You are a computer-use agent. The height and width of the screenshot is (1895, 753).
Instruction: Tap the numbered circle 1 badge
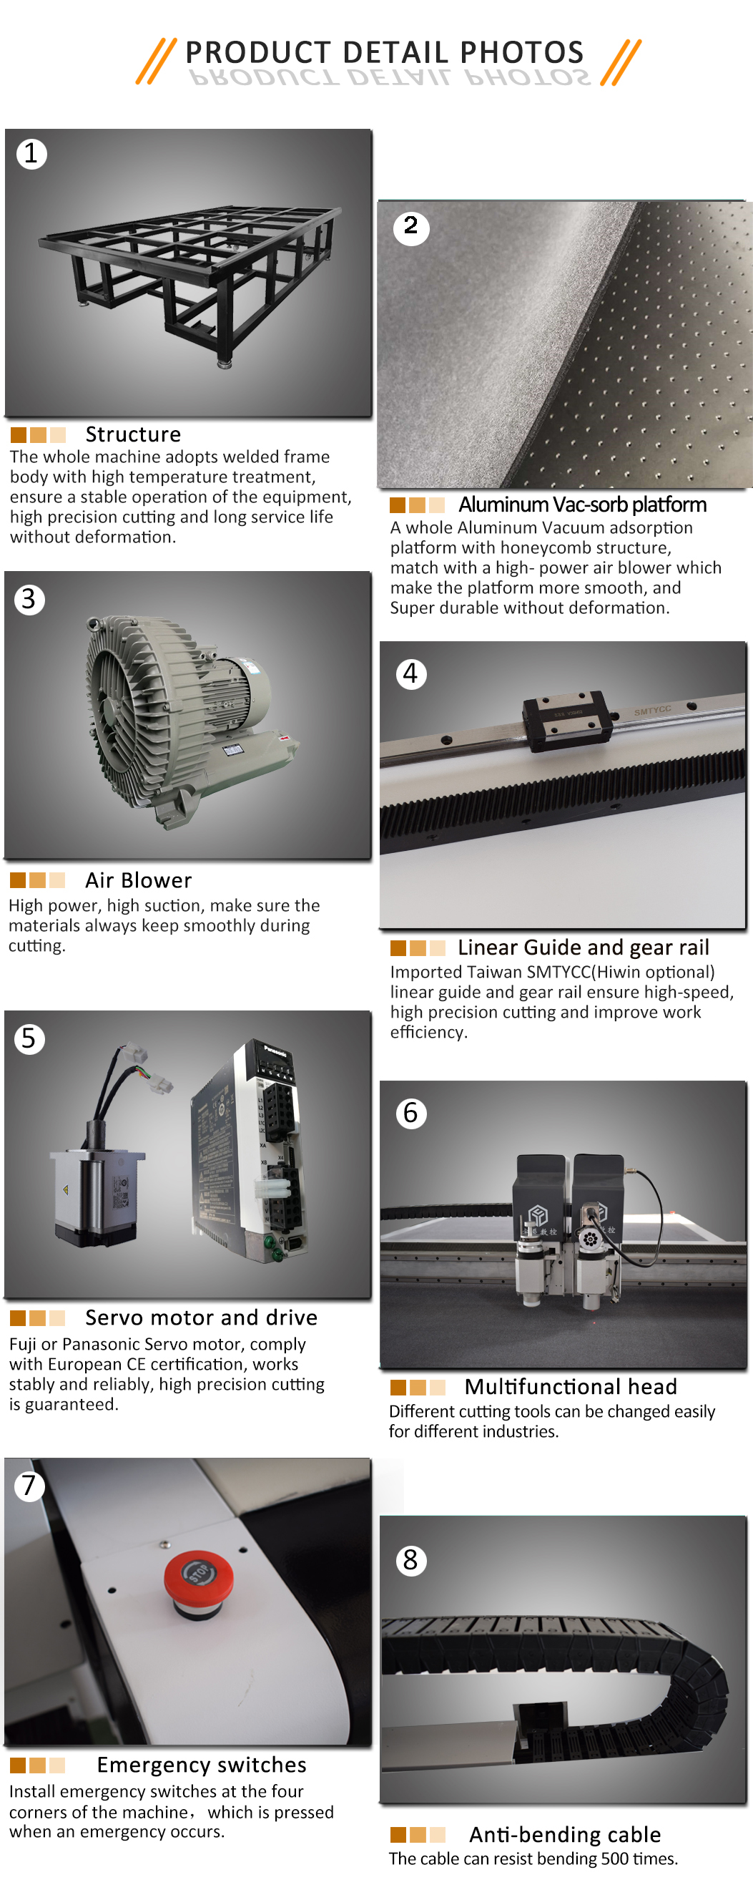point(31,154)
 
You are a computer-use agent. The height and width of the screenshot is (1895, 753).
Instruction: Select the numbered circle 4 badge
point(410,674)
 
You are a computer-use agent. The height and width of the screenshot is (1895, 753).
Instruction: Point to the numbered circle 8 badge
point(410,1560)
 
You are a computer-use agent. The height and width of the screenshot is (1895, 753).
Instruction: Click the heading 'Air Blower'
point(138,880)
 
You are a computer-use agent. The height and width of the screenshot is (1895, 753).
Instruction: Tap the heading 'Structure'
point(133,434)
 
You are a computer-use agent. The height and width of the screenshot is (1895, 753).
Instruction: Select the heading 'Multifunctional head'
point(571,1387)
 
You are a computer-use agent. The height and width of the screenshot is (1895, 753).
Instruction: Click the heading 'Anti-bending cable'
point(565,1835)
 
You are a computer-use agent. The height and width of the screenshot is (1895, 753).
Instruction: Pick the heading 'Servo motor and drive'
point(201,1317)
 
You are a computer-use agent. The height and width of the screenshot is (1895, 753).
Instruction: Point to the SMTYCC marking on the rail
point(652,711)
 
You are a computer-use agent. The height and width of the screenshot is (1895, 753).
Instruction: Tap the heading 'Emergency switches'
point(202,1765)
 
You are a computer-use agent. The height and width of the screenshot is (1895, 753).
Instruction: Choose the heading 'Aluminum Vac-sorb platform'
point(582,505)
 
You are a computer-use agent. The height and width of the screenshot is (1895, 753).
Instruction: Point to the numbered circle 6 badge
point(410,1113)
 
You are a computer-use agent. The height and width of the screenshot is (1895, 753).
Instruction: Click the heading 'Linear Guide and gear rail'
point(583,947)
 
